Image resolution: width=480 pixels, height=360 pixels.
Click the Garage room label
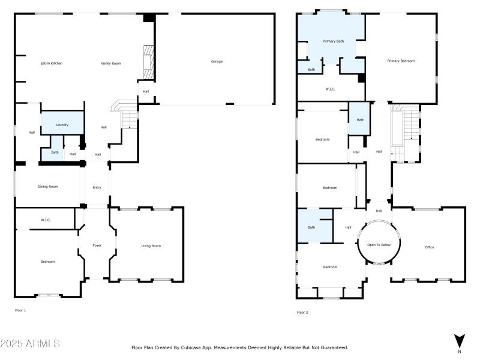tap(217, 61)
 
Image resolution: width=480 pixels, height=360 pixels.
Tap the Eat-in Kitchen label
tap(52, 63)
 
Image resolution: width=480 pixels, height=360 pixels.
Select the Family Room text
tap(110, 63)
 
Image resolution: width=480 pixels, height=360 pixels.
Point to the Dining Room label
tap(48, 187)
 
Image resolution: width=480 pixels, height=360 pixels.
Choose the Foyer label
tap(97, 245)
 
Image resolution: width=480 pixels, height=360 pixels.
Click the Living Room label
tap(151, 245)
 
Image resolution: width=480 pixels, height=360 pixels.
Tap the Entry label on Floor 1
tap(97, 187)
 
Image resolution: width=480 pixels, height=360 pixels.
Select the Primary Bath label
tap(334, 41)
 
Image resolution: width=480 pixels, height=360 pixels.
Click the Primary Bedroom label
tap(401, 61)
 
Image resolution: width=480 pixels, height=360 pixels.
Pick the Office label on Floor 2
tap(429, 247)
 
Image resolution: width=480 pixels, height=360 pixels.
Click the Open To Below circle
tap(379, 245)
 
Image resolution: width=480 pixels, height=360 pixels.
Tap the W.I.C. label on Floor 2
tap(330, 89)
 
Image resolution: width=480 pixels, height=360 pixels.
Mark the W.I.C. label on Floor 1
tap(46, 220)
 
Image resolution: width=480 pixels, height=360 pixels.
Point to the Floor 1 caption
tap(20, 310)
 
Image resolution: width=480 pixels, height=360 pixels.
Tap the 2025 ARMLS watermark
tap(30, 344)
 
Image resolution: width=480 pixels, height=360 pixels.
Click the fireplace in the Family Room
tap(147, 62)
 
